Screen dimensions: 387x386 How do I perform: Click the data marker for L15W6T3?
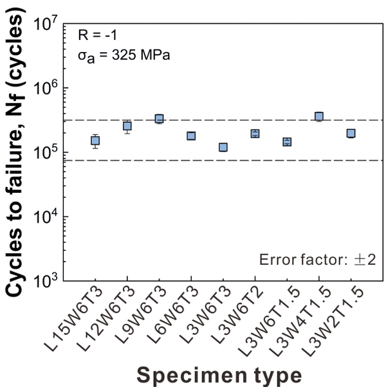click(x=95, y=141)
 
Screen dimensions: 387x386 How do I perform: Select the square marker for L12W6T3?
click(x=127, y=126)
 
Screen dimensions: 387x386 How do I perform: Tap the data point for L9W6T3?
click(x=159, y=119)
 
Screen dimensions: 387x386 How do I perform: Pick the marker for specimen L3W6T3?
click(x=223, y=147)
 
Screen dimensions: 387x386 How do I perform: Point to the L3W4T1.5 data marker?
click(x=318, y=116)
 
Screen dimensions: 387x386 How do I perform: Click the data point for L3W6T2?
click(x=255, y=134)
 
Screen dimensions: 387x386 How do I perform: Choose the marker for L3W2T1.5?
click(x=351, y=134)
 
